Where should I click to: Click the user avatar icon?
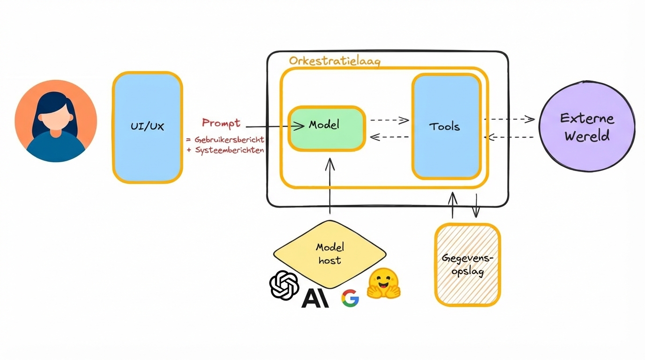(x=56, y=121)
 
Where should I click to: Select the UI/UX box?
(x=147, y=127)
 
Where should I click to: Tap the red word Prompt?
(x=221, y=123)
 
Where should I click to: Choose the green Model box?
(x=327, y=128)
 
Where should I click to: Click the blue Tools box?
(x=446, y=127)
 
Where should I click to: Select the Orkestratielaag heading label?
(x=334, y=61)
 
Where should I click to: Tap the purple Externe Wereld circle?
(x=586, y=127)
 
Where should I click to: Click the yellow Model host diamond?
(x=330, y=254)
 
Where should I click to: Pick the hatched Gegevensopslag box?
(x=467, y=265)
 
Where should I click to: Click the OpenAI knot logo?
(x=284, y=285)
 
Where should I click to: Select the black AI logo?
(x=315, y=298)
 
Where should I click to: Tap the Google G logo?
(x=350, y=298)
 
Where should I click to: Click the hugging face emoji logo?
(x=383, y=284)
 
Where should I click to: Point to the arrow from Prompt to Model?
(x=275, y=126)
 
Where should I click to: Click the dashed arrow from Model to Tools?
(x=389, y=120)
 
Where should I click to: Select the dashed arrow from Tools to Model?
(x=389, y=137)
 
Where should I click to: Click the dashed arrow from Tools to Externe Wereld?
(x=509, y=119)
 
